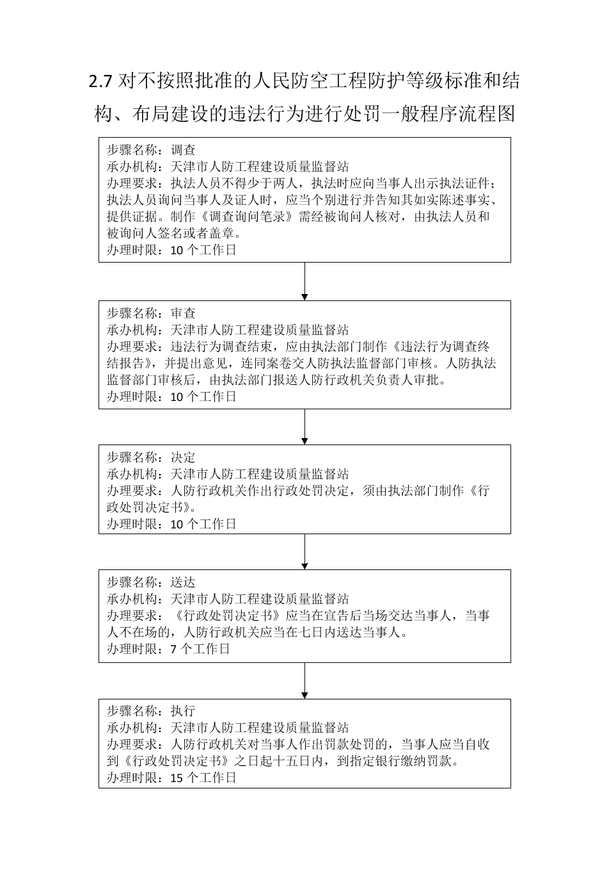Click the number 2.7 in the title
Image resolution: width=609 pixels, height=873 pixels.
click(100, 82)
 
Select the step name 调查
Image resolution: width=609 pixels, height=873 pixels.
click(183, 150)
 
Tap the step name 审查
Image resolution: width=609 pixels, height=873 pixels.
click(183, 313)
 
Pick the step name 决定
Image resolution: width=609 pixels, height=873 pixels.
click(183, 457)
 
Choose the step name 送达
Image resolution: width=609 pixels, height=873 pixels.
click(183, 582)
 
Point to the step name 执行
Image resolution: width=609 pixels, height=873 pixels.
click(183, 711)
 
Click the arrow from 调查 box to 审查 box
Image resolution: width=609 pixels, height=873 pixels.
click(304, 281)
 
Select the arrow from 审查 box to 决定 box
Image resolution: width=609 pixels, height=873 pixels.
click(304, 427)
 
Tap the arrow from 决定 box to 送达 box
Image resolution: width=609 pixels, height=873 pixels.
click(304, 551)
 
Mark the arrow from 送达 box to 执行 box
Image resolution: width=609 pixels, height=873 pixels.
click(304, 680)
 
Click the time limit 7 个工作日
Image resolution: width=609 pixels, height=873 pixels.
click(200, 649)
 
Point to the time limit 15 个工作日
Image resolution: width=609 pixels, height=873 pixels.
click(203, 778)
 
